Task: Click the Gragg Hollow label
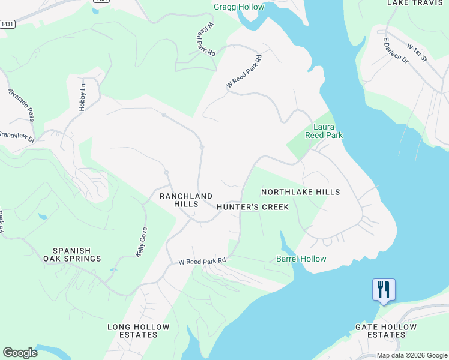(238, 7)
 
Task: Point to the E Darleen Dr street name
(396, 50)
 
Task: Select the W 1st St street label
(416, 52)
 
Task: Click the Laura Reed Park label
(328, 131)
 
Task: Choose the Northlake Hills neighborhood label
(300, 192)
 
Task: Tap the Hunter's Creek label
(252, 207)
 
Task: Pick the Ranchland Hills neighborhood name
(185, 200)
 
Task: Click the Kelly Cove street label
(142, 242)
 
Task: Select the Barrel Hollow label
(301, 259)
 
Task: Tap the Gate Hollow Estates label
(385, 331)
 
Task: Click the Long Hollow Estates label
(132, 331)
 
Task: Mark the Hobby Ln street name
(83, 95)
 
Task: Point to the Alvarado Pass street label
(25, 104)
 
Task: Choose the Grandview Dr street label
(16, 136)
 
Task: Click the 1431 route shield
(7, 25)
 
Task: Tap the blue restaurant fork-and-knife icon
(383, 290)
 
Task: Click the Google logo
(20, 353)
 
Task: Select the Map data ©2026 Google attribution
(411, 355)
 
